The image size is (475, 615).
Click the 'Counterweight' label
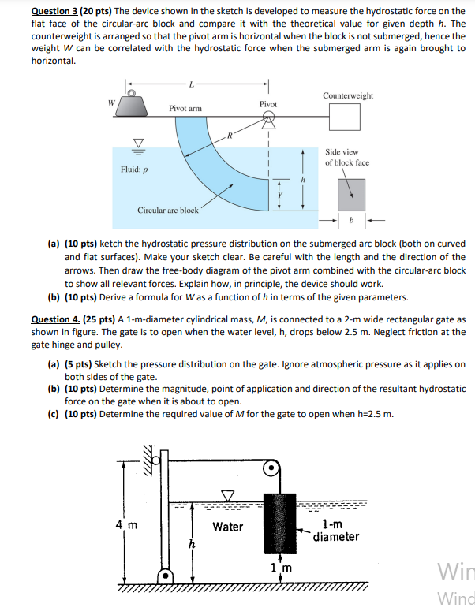point(348,95)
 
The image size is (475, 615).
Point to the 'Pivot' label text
point(268,104)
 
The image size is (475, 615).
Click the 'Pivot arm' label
point(185,107)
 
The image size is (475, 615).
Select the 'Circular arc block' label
point(168,211)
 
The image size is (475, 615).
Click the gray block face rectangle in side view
point(351,193)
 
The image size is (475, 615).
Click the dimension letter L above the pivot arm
point(190,83)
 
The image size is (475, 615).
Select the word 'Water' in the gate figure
point(228,527)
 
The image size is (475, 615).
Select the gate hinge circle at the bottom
point(166,577)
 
